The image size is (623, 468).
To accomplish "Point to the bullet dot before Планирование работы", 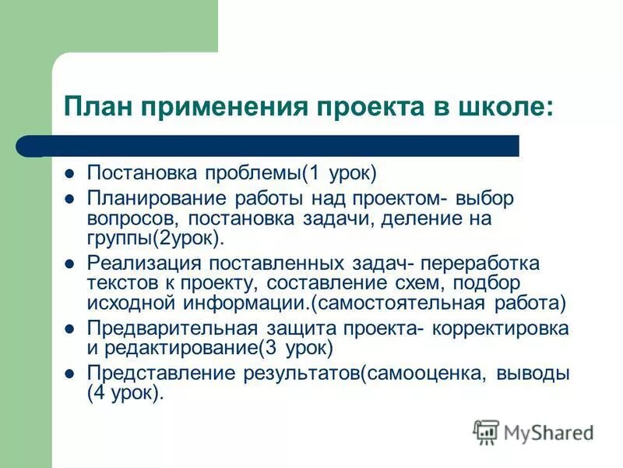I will click(69, 199).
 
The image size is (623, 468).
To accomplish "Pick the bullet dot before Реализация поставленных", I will click(69, 264).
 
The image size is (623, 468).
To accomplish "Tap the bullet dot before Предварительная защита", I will click(69, 328).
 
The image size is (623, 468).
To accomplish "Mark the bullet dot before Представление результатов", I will click(69, 374).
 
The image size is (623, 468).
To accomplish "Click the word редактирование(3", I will click(202, 348).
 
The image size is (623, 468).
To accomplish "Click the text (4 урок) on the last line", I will click(125, 393).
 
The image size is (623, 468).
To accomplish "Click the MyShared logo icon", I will click(485, 432).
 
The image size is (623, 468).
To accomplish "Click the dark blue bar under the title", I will click(280, 146).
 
